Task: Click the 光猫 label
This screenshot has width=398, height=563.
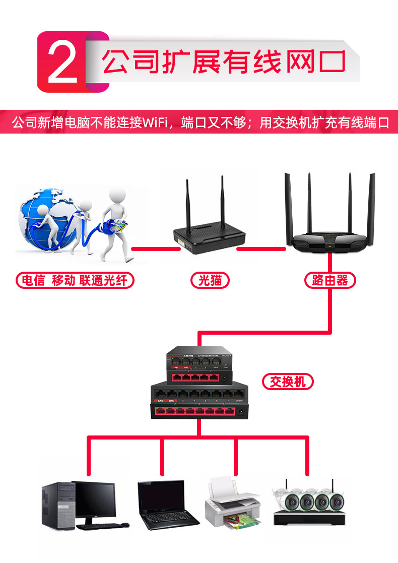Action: point(210,280)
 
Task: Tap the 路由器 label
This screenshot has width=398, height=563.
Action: point(330,280)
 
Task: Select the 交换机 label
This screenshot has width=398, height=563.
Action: point(288,382)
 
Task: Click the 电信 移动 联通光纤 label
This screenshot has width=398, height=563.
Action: point(75,280)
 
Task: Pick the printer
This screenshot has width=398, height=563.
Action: point(232,504)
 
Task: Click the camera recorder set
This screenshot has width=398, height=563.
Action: point(308,504)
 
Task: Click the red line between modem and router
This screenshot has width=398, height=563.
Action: point(261,248)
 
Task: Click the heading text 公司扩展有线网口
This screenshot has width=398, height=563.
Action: point(224,62)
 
